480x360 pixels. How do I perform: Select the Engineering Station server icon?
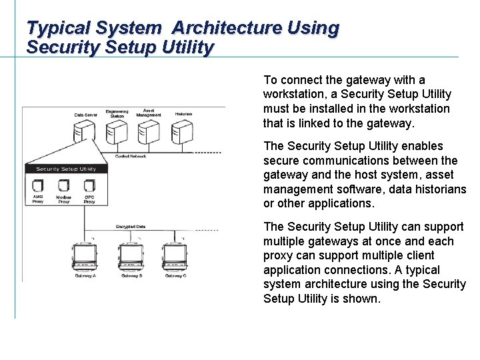(117, 133)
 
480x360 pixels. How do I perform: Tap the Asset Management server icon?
(148, 133)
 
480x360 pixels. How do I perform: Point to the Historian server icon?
(183, 133)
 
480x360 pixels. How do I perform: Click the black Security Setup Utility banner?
(65, 169)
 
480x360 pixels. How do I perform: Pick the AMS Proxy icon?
(38, 185)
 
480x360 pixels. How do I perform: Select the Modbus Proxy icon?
(63, 185)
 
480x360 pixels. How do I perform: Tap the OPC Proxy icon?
(89, 185)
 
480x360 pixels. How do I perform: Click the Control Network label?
(130, 156)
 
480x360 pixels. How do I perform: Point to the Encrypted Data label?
(131, 227)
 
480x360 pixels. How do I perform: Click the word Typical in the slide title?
(59, 28)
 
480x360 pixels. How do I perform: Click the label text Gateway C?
(175, 275)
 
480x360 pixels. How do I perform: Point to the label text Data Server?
(86, 115)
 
